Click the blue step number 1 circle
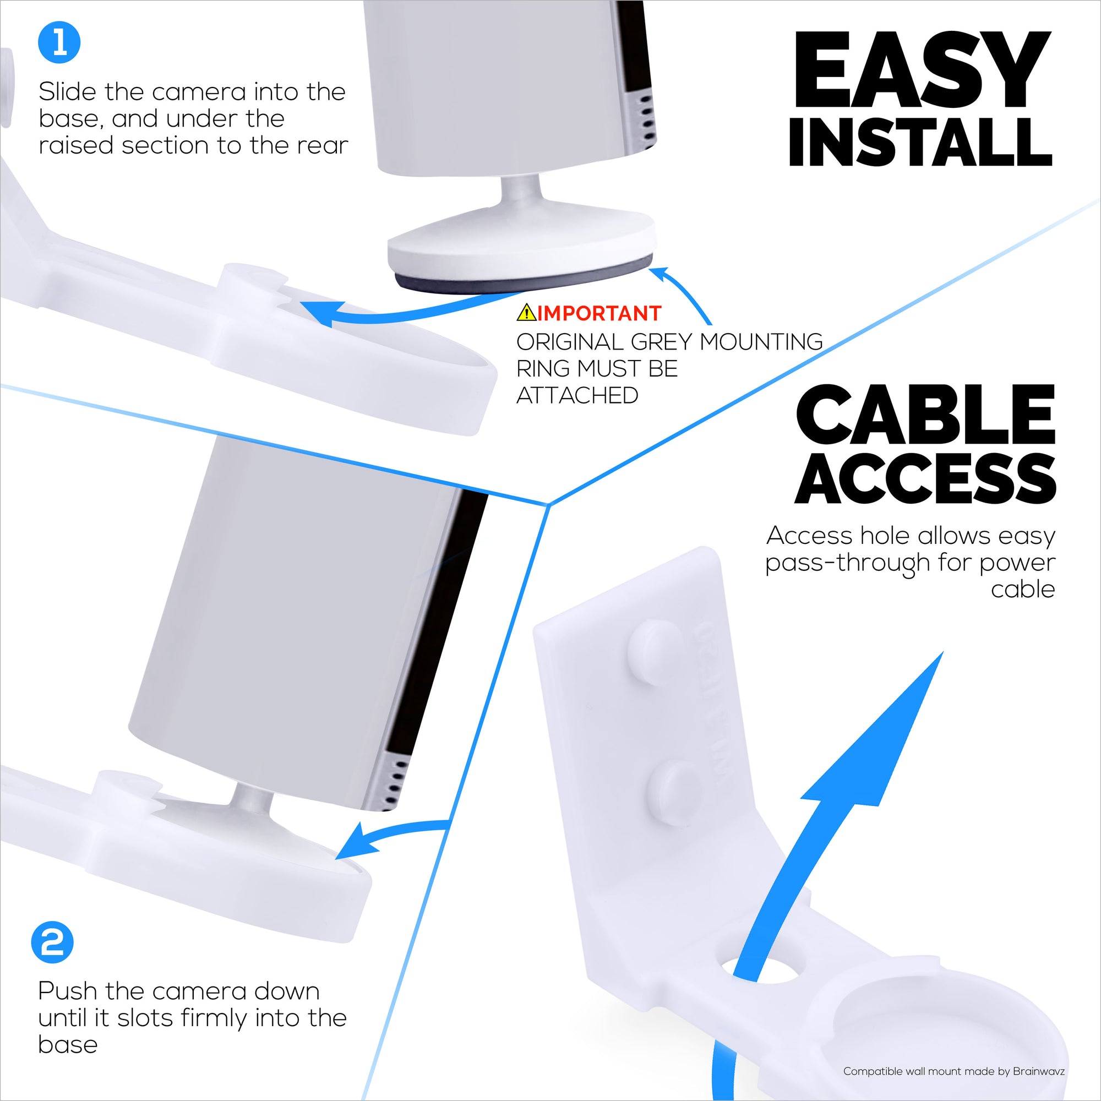(x=59, y=42)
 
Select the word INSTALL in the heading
(x=920, y=143)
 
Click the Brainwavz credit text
(x=953, y=1071)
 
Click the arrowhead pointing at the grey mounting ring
(x=659, y=274)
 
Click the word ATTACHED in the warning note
(x=577, y=395)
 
